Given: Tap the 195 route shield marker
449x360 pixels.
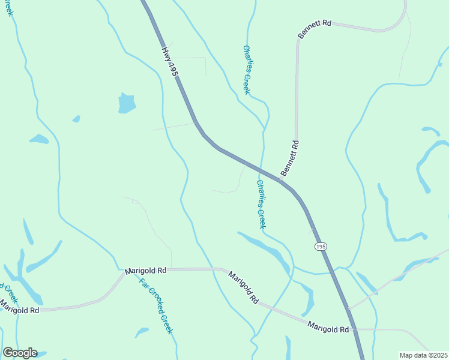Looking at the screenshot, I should coord(321,247).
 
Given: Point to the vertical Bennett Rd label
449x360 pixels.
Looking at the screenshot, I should coord(289,158).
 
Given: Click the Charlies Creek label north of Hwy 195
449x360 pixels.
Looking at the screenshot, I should coord(246,70).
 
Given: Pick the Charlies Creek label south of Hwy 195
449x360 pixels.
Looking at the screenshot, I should coord(261,204).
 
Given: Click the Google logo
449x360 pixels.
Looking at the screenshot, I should coord(20,353).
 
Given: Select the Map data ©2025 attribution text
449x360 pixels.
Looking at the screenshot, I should coord(424,355).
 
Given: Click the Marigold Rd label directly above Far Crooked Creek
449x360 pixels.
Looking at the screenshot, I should coord(145,271).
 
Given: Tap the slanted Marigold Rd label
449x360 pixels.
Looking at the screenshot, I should coord(243,287).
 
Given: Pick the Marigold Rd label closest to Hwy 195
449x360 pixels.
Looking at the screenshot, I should coord(328,329).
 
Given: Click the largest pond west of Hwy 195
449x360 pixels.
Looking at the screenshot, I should coord(127,103).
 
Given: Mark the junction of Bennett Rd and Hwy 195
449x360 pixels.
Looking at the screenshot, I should coord(281,180).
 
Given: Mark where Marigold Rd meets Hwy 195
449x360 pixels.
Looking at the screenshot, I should coord(355,329).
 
